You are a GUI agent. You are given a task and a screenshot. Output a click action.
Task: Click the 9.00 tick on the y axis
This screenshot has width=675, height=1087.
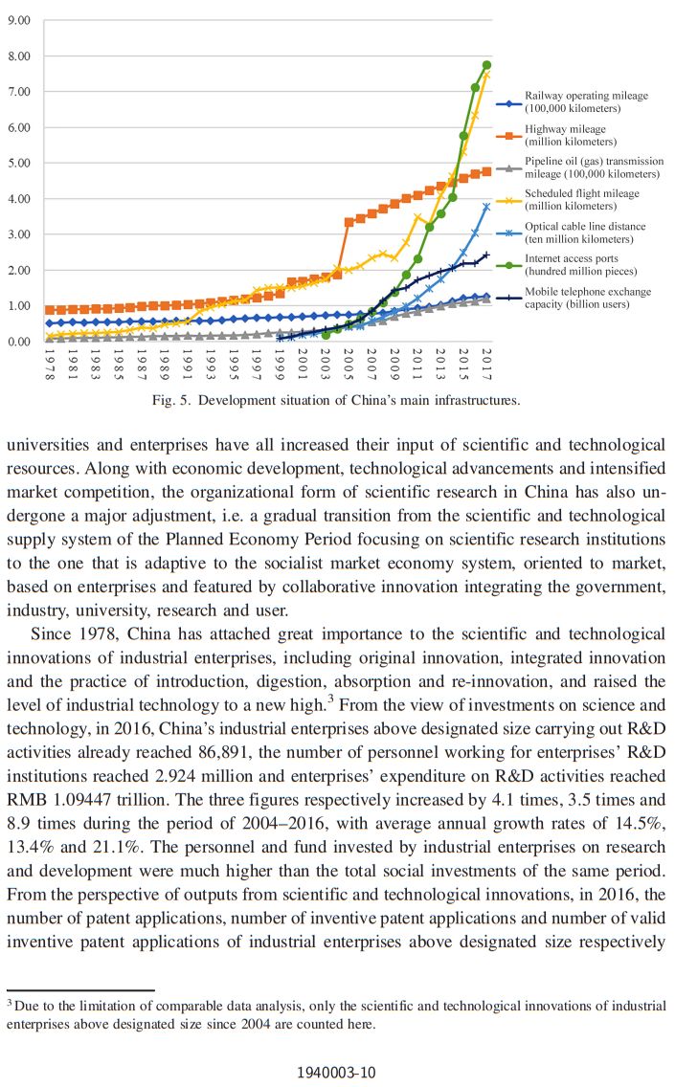(19, 20)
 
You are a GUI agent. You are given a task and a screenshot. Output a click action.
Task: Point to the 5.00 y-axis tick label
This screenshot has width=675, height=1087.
(19, 163)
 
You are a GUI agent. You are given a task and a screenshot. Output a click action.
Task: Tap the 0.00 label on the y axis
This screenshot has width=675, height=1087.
(19, 342)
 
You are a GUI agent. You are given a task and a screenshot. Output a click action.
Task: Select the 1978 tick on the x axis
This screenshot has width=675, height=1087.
(49, 365)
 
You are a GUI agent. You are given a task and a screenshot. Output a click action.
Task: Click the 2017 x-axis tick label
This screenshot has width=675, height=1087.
(487, 365)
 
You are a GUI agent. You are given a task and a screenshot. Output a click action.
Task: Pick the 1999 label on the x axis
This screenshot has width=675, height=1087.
(280, 365)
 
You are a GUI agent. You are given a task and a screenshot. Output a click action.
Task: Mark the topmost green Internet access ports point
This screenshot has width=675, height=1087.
(486, 65)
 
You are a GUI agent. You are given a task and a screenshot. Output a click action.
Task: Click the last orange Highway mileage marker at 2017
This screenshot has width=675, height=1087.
(486, 171)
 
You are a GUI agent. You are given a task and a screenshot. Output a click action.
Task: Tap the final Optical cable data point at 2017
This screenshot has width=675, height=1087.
(486, 206)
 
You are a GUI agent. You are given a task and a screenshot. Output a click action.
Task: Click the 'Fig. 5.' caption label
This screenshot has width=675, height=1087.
(174, 400)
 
